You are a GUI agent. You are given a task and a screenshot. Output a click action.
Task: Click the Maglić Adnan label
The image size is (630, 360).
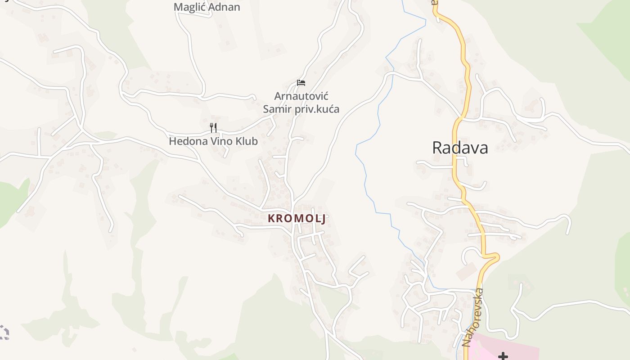pos(207,7)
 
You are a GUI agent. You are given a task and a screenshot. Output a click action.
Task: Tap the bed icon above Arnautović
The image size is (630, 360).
pos(301,83)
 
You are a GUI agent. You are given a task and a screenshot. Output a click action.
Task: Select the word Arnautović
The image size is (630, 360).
pos(301,96)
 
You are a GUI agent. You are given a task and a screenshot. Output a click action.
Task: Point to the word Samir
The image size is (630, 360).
pos(277,109)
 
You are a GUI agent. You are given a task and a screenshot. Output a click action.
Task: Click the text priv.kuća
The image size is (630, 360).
pos(317,109)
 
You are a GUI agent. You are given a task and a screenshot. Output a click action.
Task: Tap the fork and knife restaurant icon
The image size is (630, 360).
pos(213,128)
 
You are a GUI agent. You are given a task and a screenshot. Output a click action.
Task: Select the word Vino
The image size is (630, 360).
pos(220,141)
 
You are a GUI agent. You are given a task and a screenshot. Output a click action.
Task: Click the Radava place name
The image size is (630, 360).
pos(460,148)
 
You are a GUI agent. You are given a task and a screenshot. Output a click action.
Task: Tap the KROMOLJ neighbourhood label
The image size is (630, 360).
pos(297,219)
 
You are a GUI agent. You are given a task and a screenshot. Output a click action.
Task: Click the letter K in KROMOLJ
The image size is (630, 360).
pos(271,219)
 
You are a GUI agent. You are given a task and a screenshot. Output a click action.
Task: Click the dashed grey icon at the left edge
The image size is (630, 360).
pos(4,332)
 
